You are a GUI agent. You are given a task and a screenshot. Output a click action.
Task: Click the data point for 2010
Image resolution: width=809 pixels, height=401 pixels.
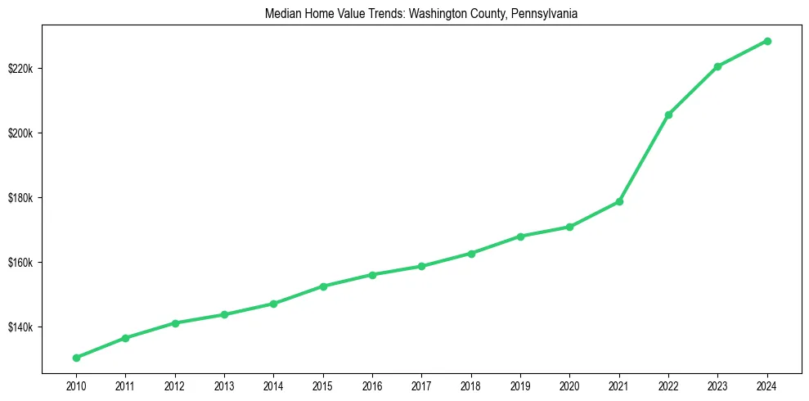coord(76,358)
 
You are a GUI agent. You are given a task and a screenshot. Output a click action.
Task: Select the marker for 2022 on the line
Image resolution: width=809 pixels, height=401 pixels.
coord(668,115)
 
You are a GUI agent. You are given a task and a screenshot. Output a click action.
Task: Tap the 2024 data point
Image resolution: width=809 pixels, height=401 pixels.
coord(767,41)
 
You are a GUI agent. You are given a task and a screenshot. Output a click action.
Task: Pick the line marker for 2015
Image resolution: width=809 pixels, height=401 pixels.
coord(323,286)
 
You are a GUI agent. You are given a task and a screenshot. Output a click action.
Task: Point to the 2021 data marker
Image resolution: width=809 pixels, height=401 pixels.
coord(619,201)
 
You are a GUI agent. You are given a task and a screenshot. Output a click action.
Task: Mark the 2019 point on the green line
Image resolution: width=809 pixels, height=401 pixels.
coord(520,237)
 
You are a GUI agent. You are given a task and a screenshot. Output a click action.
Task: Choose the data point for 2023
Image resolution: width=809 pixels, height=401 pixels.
coord(717,66)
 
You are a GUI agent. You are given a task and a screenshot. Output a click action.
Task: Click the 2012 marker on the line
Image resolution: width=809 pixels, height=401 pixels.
coord(175,323)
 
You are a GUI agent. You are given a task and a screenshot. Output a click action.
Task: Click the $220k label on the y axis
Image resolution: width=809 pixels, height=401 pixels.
coord(20,68)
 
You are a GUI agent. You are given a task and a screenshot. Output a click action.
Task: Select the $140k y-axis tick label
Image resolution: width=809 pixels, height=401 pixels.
coord(20,327)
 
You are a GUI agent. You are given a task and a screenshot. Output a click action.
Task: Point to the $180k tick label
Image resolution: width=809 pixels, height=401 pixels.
coord(20,198)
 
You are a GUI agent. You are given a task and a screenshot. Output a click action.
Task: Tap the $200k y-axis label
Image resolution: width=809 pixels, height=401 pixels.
coord(20,133)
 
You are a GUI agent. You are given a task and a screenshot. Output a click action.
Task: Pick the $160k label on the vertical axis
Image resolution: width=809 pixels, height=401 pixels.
coord(20,263)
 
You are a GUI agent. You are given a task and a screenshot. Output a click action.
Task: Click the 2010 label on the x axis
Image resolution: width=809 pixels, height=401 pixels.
coord(76,385)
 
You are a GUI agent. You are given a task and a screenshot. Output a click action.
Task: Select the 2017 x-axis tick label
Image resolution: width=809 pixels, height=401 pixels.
coord(422,385)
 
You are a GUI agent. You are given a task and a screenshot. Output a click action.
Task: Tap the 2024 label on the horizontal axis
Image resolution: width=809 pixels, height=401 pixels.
coord(767,385)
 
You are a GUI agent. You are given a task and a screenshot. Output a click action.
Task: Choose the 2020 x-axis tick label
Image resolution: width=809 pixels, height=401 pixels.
coord(570,385)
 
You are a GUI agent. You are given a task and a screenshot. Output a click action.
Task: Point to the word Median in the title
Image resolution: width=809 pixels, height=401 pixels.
coord(281,14)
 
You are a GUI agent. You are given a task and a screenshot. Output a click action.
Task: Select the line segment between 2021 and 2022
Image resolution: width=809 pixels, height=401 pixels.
coord(644,158)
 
